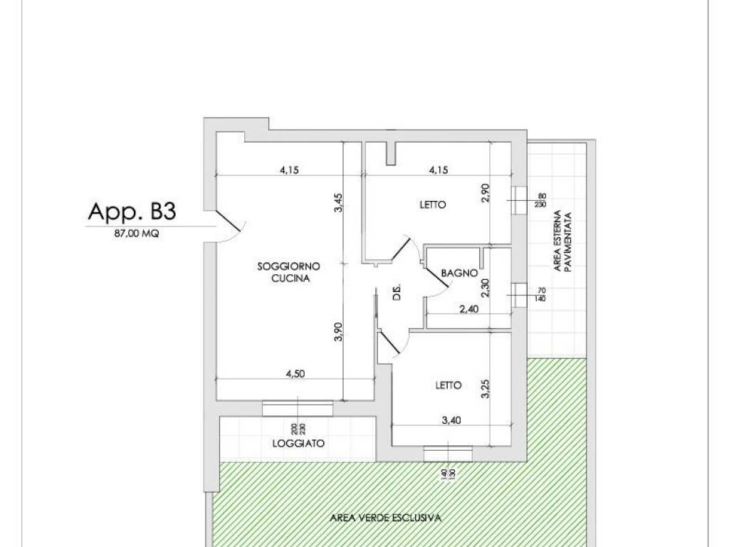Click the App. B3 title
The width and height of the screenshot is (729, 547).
pyautogui.click(x=132, y=211)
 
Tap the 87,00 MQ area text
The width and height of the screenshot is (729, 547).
pyautogui.click(x=137, y=234)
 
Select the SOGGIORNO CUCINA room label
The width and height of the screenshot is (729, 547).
pyautogui.click(x=289, y=273)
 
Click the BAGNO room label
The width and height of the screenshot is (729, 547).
pyautogui.click(x=459, y=273)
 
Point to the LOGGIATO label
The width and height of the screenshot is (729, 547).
pyautogui.click(x=298, y=443)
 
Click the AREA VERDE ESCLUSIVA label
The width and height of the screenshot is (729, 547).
pyautogui.click(x=385, y=518)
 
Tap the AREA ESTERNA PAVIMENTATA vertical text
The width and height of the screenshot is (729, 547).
pyautogui.click(x=561, y=241)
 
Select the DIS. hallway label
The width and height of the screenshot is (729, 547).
pyautogui.click(x=397, y=291)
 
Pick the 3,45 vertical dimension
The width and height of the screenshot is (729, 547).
pyautogui.click(x=338, y=203)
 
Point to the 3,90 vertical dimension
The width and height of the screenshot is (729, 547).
pyautogui.click(x=338, y=332)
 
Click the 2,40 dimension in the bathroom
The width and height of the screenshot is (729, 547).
pyautogui.click(x=468, y=309)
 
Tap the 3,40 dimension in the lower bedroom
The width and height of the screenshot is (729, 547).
pyautogui.click(x=451, y=420)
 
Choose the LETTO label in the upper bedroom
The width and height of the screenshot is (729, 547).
pyautogui.click(x=433, y=204)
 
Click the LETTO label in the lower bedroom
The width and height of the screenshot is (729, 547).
pyautogui.click(x=449, y=385)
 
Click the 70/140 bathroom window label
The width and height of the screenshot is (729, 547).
pyautogui.click(x=541, y=295)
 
